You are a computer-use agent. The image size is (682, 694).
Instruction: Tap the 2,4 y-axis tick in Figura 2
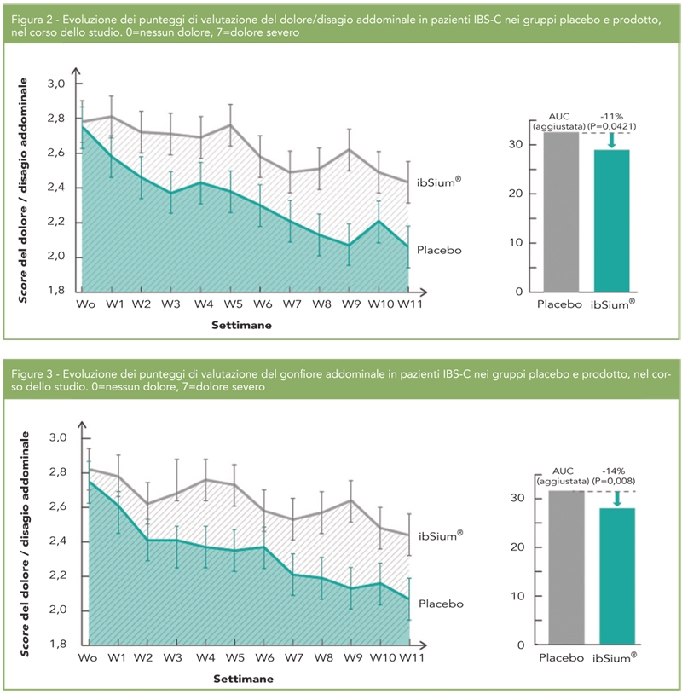(56, 188)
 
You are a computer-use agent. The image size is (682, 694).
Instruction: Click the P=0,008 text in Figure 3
(615, 482)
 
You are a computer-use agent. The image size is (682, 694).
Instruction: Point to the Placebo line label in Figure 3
(440, 604)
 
